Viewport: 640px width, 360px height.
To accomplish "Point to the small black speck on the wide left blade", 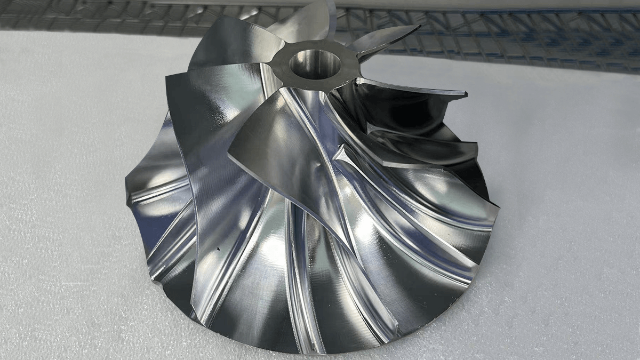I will [218, 249].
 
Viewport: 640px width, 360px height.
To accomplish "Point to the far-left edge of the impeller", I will [126, 197].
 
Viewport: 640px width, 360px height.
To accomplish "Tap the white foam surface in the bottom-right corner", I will [587, 320].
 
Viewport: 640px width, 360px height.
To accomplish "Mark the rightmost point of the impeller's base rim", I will [498, 213].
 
